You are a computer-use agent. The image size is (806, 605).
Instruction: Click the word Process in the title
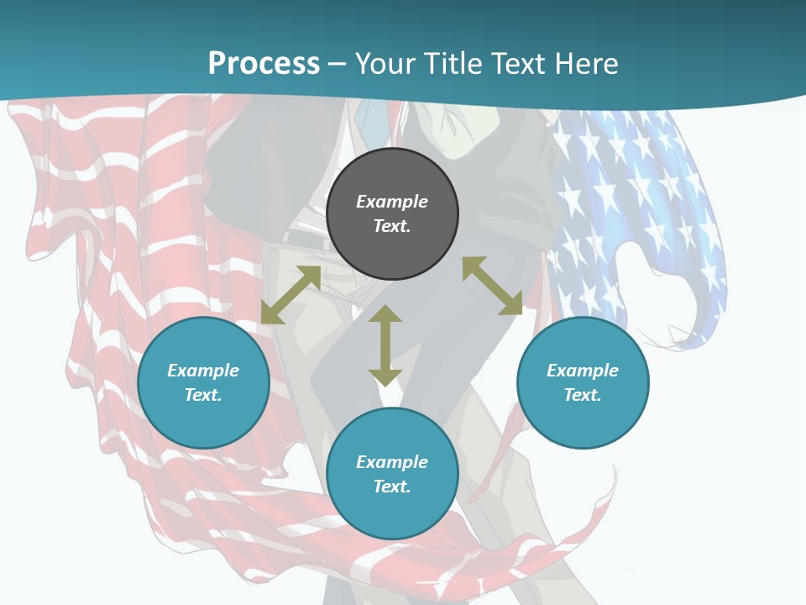point(264,64)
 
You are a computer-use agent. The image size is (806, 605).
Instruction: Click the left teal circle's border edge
point(139,382)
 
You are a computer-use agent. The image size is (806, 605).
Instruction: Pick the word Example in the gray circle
point(392,202)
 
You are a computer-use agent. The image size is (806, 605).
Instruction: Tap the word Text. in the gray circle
point(392,226)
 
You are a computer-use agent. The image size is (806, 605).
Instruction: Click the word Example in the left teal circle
point(203,371)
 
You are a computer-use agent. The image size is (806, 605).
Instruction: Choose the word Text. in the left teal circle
point(203,395)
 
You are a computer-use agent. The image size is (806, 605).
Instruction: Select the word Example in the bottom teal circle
point(392,462)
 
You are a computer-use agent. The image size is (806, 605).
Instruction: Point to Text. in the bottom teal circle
point(392,487)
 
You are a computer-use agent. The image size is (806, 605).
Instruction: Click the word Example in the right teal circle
point(583,371)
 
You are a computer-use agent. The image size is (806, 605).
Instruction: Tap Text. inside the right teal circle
point(583,395)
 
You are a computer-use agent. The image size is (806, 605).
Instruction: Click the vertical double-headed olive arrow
point(385,345)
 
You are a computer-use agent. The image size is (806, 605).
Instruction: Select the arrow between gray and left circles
point(290,295)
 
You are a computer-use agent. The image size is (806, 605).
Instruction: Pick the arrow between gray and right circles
point(492,286)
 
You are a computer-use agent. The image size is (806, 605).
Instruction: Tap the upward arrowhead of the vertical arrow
point(385,314)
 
